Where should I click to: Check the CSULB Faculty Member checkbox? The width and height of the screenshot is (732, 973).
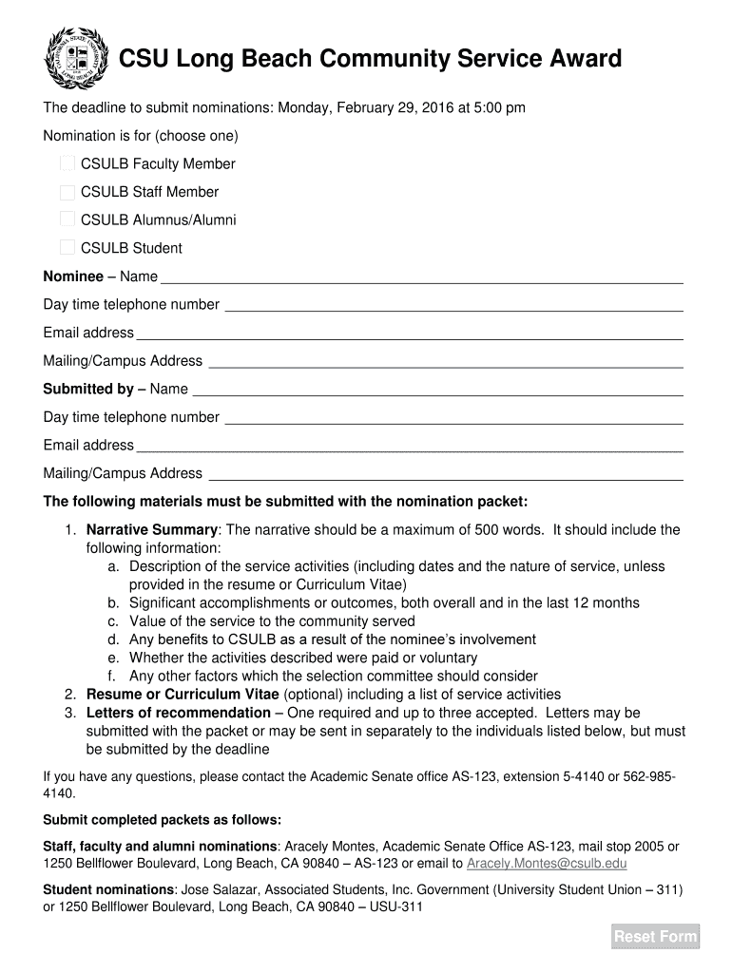(67, 163)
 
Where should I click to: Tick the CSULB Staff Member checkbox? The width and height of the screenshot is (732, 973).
(67, 192)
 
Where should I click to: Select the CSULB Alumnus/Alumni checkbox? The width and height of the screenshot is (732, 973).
(67, 219)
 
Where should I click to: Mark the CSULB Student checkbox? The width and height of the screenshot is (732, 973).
(67, 248)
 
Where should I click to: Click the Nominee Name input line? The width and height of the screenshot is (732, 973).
(422, 277)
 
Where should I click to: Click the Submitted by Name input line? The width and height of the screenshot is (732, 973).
(437, 389)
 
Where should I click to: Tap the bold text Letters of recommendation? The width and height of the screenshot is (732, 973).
(179, 713)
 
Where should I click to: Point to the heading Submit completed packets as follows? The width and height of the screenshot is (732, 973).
(163, 820)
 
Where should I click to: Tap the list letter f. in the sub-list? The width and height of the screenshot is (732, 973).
(111, 677)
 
